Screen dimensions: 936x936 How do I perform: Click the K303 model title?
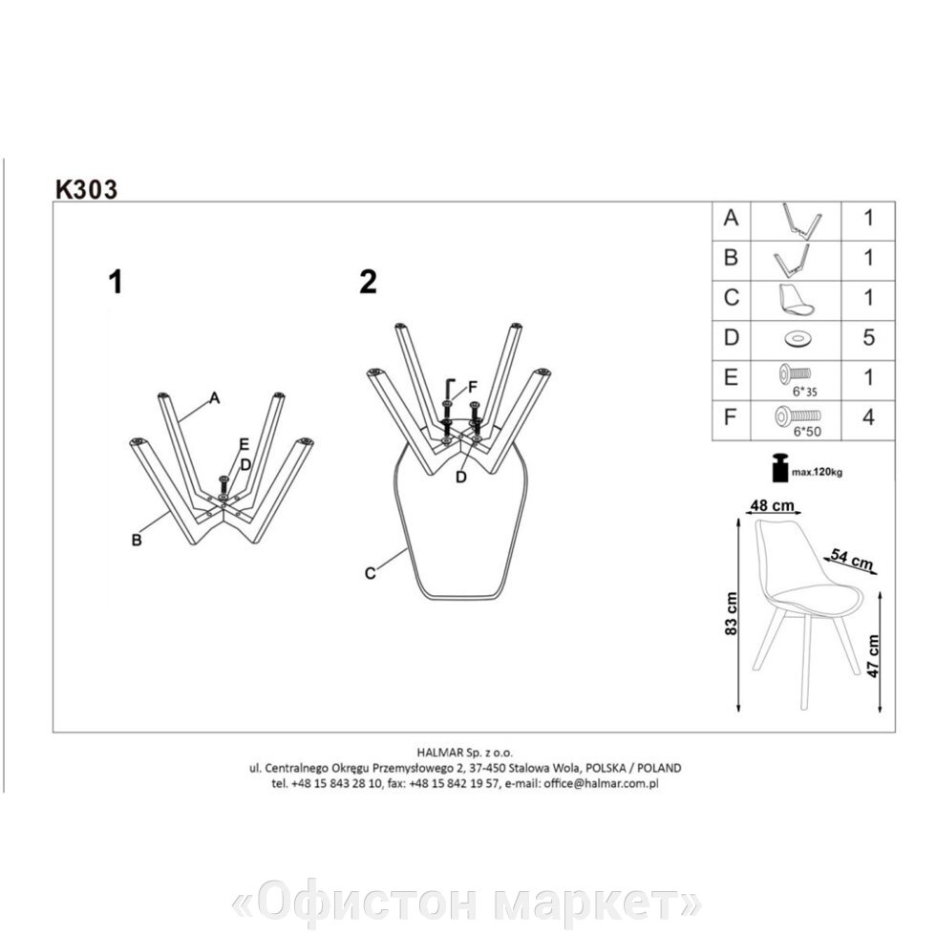tap(87, 189)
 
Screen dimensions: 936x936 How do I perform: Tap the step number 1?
tap(116, 282)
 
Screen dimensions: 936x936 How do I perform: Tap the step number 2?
tap(369, 282)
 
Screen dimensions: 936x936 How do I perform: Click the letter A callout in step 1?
tap(215, 397)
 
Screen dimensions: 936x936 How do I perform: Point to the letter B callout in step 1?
tap(137, 540)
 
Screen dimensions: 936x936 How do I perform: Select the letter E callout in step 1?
tap(244, 445)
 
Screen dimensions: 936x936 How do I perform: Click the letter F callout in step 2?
tap(473, 388)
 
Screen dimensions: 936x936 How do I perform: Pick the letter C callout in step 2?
tap(371, 573)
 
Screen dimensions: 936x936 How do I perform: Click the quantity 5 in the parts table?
tap(868, 338)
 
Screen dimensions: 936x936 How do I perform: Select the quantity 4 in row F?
tap(868, 417)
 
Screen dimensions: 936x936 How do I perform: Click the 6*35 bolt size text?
tap(804, 393)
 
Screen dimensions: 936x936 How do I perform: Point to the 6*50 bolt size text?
tap(807, 432)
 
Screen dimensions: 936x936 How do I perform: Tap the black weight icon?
tap(779, 467)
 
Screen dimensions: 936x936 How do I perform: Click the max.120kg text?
tap(817, 472)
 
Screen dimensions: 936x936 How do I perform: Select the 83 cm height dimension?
tap(733, 613)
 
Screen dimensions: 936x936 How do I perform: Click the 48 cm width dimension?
tap(773, 505)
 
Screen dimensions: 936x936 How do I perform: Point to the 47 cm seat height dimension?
tap(873, 655)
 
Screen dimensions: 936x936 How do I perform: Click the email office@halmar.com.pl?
tap(601, 784)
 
